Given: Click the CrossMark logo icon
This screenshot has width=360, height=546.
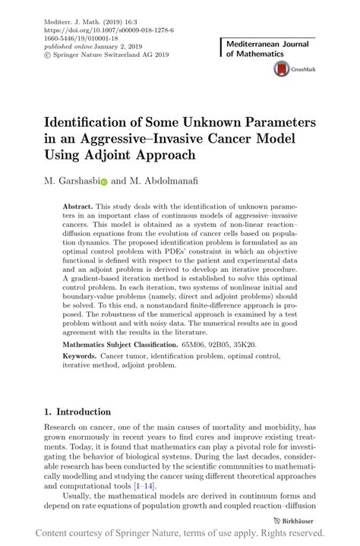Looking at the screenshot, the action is pyautogui.click(x=280, y=69).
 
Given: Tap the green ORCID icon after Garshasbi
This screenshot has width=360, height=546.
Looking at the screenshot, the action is pyautogui.click(x=104, y=182).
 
